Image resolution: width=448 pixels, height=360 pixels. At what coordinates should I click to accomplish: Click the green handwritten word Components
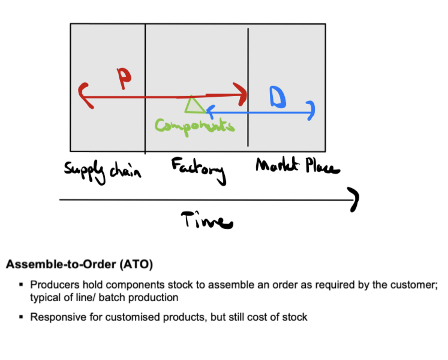pyautogui.click(x=194, y=125)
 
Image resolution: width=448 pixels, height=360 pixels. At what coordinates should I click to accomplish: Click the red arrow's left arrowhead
pyautogui.click(x=84, y=96)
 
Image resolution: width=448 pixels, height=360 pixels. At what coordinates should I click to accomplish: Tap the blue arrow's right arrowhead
pyautogui.click(x=310, y=111)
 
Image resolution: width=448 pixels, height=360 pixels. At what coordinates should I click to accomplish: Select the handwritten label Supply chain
pyautogui.click(x=103, y=171)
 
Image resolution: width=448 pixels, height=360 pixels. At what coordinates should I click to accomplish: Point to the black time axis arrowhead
pyautogui.click(x=355, y=200)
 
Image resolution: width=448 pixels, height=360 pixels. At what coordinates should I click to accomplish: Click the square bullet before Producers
pyautogui.click(x=21, y=285)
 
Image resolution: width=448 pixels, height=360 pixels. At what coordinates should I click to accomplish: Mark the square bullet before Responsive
pyautogui.click(x=21, y=316)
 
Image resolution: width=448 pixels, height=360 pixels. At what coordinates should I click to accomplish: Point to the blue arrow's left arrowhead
pyautogui.click(x=208, y=111)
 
